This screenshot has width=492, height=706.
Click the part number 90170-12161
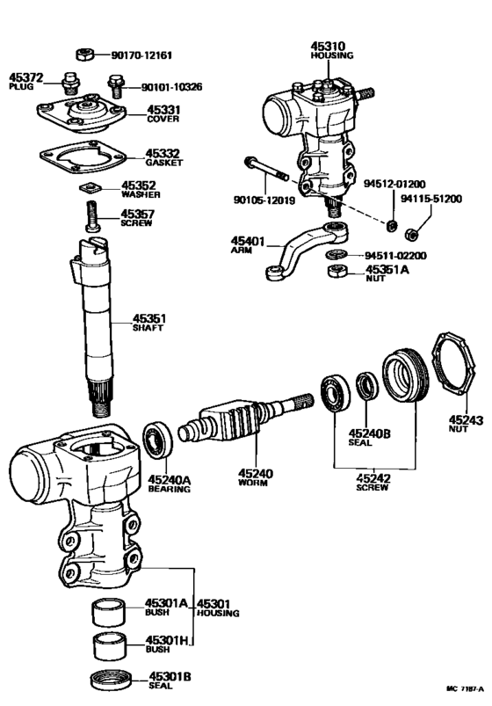[x=141, y=55]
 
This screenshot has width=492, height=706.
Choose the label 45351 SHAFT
[x=149, y=323]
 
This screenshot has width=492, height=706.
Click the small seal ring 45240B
[x=366, y=387]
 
